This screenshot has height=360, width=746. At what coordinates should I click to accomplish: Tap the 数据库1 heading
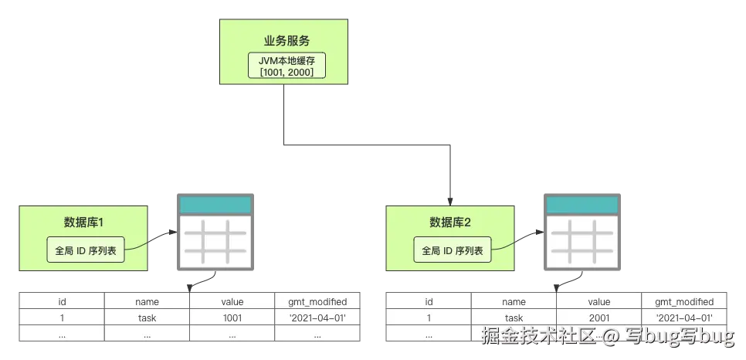83,222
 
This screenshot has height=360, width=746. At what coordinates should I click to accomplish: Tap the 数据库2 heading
450,222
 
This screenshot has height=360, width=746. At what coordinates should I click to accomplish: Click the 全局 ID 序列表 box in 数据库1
86,250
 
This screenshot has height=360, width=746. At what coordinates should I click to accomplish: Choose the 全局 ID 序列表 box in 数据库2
453,250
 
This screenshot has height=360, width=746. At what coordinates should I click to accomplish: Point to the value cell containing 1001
232,318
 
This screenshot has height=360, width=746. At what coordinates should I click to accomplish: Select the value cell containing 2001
598,318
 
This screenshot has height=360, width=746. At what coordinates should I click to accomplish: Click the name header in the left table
147,302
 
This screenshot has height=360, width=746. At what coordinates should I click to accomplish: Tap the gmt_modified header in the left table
317,302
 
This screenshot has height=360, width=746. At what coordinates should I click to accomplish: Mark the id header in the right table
429,302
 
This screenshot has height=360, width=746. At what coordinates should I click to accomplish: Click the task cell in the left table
147,318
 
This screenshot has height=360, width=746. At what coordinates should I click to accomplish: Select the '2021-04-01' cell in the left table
317,318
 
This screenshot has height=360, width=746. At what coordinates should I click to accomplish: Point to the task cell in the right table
514,318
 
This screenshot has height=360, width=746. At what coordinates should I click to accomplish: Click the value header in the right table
598,302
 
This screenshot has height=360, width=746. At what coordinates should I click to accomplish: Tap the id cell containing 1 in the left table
62,318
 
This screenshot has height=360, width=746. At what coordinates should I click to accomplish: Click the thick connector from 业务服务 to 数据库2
363,144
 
